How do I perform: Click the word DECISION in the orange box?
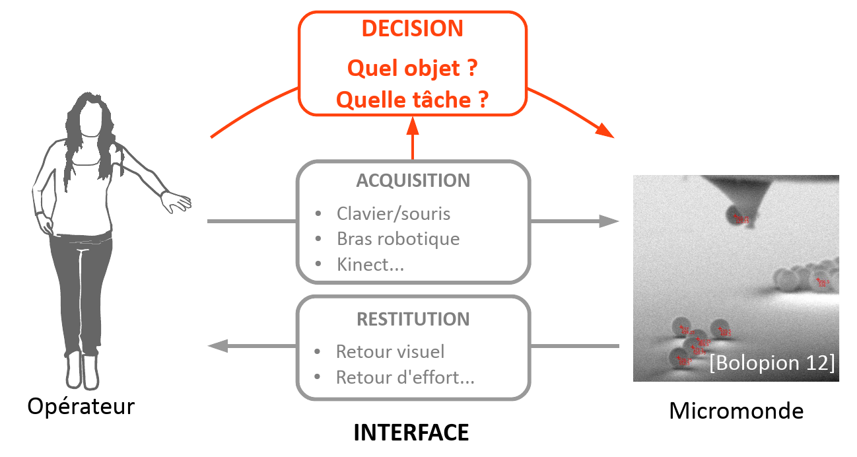pyautogui.click(x=413, y=29)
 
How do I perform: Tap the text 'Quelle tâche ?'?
pyautogui.click(x=413, y=100)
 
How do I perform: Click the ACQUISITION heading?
pyautogui.click(x=413, y=180)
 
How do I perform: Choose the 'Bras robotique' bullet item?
pyautogui.click(x=397, y=238)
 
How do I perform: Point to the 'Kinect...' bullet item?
pyautogui.click(x=370, y=264)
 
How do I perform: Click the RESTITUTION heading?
pyautogui.click(x=413, y=319)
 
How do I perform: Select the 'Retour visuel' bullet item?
pyautogui.click(x=390, y=351)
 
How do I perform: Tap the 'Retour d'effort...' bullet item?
pyautogui.click(x=405, y=377)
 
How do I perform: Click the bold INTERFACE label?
pyautogui.click(x=411, y=433)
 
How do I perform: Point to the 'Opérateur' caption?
pyautogui.click(x=81, y=406)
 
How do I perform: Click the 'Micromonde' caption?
pyautogui.click(x=736, y=411)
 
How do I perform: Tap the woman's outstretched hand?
pyautogui.click(x=177, y=201)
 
